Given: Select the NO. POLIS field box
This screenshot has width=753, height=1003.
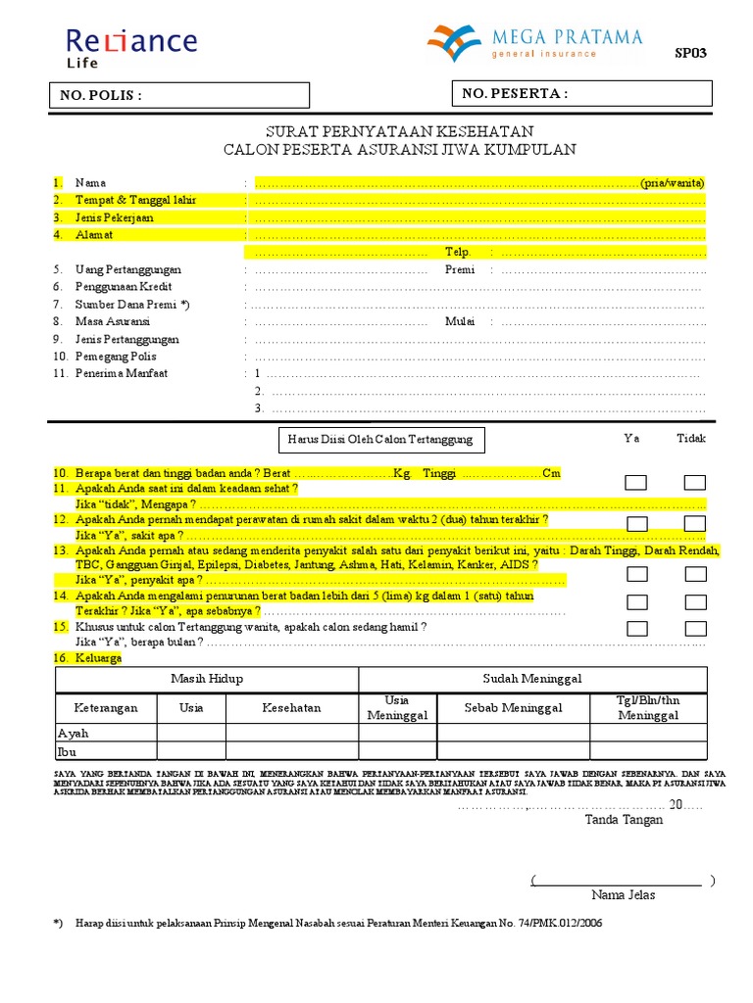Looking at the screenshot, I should (x=180, y=95).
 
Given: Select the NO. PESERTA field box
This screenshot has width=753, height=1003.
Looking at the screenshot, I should (x=580, y=94).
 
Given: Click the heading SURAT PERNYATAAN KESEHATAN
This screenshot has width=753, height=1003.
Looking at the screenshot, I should (x=400, y=131).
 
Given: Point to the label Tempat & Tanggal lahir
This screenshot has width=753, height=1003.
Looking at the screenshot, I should (x=135, y=200).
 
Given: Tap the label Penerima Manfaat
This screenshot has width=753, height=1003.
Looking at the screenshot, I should (x=122, y=373).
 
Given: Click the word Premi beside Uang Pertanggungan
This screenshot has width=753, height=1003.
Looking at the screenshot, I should (x=460, y=269).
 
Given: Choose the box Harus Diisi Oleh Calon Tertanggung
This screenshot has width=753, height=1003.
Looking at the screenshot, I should (x=380, y=439).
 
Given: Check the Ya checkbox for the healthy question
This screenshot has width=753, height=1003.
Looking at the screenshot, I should (x=636, y=482).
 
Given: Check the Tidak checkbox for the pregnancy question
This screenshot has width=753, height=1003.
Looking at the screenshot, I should (x=695, y=628).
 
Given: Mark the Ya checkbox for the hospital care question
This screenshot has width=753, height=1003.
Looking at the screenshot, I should (x=636, y=523).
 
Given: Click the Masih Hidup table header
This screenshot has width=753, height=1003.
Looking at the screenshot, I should (x=207, y=679).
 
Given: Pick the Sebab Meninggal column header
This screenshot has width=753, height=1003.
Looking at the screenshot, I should (x=513, y=707).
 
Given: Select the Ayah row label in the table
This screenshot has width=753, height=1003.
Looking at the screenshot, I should (x=74, y=733).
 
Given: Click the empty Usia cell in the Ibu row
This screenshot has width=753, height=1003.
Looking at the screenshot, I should (x=191, y=751).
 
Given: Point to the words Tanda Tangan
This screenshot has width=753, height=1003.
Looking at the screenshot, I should (x=624, y=820).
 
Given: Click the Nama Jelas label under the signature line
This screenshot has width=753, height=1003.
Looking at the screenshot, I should (x=623, y=894).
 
